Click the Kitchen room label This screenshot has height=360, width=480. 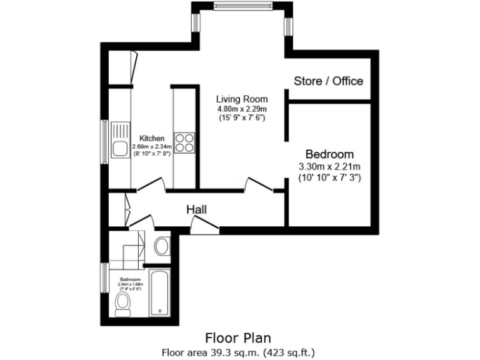tap(152, 138)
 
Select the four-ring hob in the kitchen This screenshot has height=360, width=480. tap(184, 142)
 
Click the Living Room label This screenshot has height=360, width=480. tap(242, 99)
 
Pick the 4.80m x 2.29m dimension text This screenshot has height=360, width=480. tap(242, 108)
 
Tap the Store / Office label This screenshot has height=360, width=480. tap(328, 81)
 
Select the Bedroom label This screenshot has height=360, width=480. tap(329, 154)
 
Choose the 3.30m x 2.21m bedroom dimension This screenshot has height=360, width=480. tap(329, 166)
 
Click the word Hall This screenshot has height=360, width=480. tap(196, 210)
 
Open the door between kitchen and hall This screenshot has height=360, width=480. tap(151, 183)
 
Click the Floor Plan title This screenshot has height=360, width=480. tap(240, 338)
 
